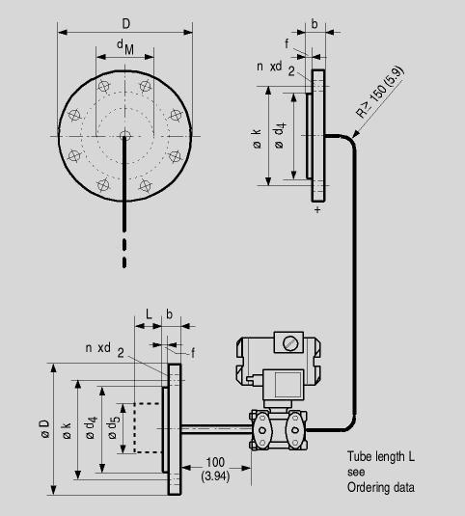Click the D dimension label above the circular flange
pos(126,24)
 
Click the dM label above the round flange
pos(125,47)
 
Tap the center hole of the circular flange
pos(124,135)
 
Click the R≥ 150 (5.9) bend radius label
pos(380,92)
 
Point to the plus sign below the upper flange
pos(317,209)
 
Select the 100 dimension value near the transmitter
pos(215,462)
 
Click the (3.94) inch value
pos(215,476)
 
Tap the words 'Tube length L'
pos(381,457)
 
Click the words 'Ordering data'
pos(381,487)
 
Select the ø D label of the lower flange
pos(45,428)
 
